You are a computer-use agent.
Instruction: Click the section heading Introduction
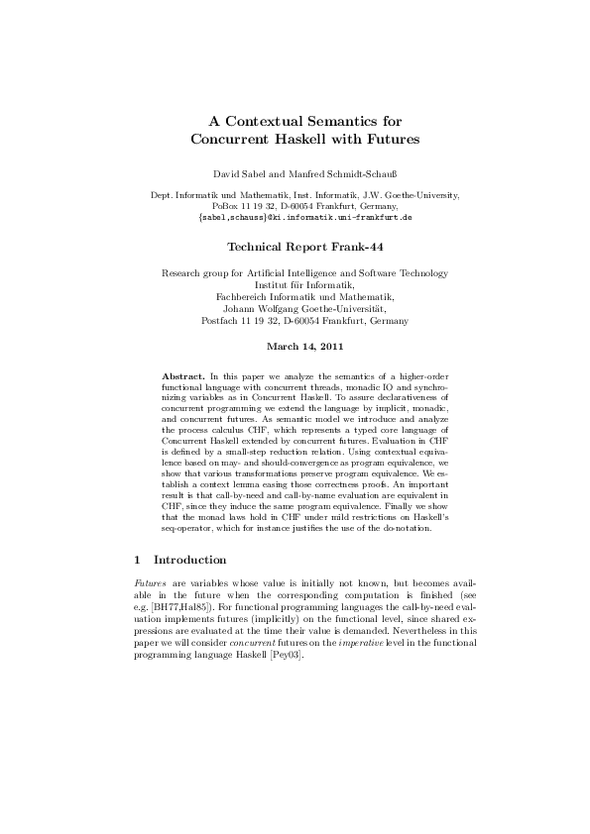coord(189,560)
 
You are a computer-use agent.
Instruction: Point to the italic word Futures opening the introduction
coord(154,588)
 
